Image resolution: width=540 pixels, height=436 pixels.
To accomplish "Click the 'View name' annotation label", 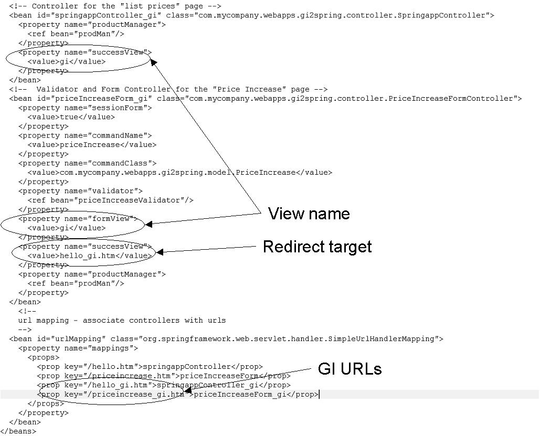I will tap(309, 214).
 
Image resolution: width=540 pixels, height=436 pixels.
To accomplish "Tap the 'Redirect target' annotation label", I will tap(317, 247).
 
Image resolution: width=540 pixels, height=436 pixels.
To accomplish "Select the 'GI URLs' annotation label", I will tap(350, 369).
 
